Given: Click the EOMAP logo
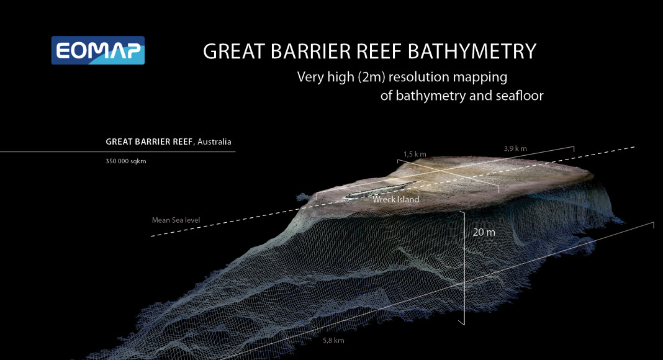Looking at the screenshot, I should pyautogui.click(x=98, y=50).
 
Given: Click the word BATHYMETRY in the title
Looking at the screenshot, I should pyautogui.click(x=474, y=52).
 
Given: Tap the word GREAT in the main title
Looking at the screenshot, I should pyautogui.click(x=234, y=52).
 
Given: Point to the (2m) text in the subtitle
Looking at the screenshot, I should pyautogui.click(x=374, y=78).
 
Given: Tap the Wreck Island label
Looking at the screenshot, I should pyautogui.click(x=395, y=200).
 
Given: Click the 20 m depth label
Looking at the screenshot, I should pyautogui.click(x=484, y=233).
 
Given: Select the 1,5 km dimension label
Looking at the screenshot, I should pyautogui.click(x=415, y=153).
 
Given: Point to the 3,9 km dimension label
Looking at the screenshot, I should pyautogui.click(x=515, y=148).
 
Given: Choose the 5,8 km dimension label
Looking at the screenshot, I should pyautogui.click(x=333, y=341).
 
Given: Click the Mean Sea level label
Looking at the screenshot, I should pyautogui.click(x=176, y=220).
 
